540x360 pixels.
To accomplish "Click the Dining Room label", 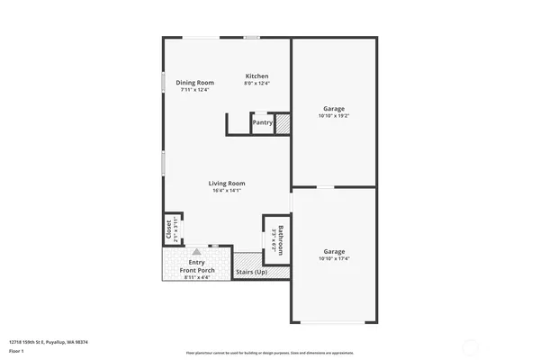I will [x=194, y=83].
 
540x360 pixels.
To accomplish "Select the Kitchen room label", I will [x=256, y=76].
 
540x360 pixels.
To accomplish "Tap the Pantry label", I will [x=262, y=122].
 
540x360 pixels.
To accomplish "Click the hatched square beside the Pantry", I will [x=282, y=122].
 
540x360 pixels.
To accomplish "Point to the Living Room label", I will [x=228, y=183].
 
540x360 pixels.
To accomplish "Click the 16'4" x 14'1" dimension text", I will [x=228, y=190].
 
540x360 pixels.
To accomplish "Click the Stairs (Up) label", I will [x=251, y=271].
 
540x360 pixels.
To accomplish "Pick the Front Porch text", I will [x=195, y=270].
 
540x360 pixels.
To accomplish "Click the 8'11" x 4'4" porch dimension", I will [x=195, y=277].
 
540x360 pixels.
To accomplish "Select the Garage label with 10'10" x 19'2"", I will [x=333, y=109].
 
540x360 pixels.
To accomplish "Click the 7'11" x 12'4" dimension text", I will [x=194, y=90].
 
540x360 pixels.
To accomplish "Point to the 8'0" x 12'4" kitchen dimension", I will [x=256, y=84].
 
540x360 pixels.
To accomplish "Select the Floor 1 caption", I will [x=17, y=350].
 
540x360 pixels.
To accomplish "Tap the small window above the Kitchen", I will [x=252, y=37].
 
